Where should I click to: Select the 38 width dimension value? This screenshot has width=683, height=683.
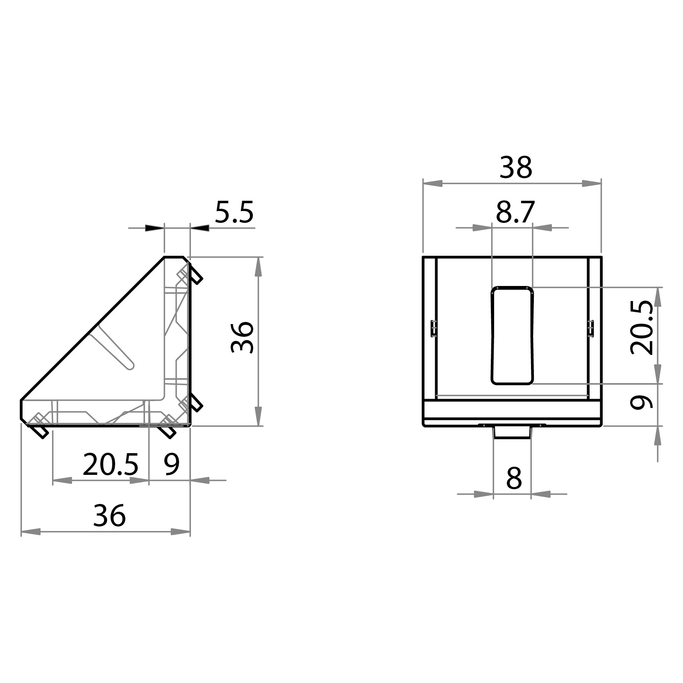[x=515, y=168]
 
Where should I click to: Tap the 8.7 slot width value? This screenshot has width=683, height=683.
[x=515, y=212]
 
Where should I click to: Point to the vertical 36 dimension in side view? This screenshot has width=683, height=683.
[x=243, y=337]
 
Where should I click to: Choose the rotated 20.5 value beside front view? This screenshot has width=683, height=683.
[x=642, y=327]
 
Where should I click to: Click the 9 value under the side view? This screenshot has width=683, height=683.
[x=171, y=465]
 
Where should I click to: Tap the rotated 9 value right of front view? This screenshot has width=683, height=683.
[x=642, y=403]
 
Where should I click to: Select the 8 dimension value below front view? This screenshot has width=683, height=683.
[x=514, y=478]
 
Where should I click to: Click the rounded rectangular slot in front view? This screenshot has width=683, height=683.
[x=512, y=336]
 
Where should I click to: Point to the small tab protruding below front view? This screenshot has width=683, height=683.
[x=512, y=433]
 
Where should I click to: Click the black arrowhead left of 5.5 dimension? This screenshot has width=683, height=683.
[x=154, y=228]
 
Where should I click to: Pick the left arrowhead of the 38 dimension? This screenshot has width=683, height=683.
[x=433, y=184]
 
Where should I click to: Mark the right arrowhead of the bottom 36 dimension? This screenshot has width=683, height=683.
[x=181, y=532]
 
